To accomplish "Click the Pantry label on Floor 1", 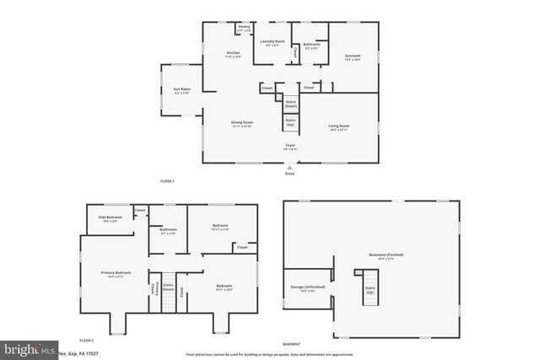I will pyautogui.click(x=244, y=28).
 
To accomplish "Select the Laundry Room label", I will pyautogui.click(x=272, y=42).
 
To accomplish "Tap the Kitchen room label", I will pyautogui.click(x=233, y=55).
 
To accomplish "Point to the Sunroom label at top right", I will pyautogui.click(x=352, y=57).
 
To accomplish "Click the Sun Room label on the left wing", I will pyautogui.click(x=182, y=91).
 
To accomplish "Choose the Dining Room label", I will pyautogui.click(x=242, y=123).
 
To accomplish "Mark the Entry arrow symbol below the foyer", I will pyautogui.click(x=290, y=167).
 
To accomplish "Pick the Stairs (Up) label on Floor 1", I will pyautogui.click(x=290, y=122).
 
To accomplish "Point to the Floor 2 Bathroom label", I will pyautogui.click(x=168, y=231).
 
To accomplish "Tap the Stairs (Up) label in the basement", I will pyautogui.click(x=370, y=290).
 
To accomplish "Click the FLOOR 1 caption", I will pyautogui.click(x=167, y=181).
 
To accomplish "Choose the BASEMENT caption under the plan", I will pyautogui.click(x=291, y=344).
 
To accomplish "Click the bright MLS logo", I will pyautogui.click(x=25, y=348).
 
